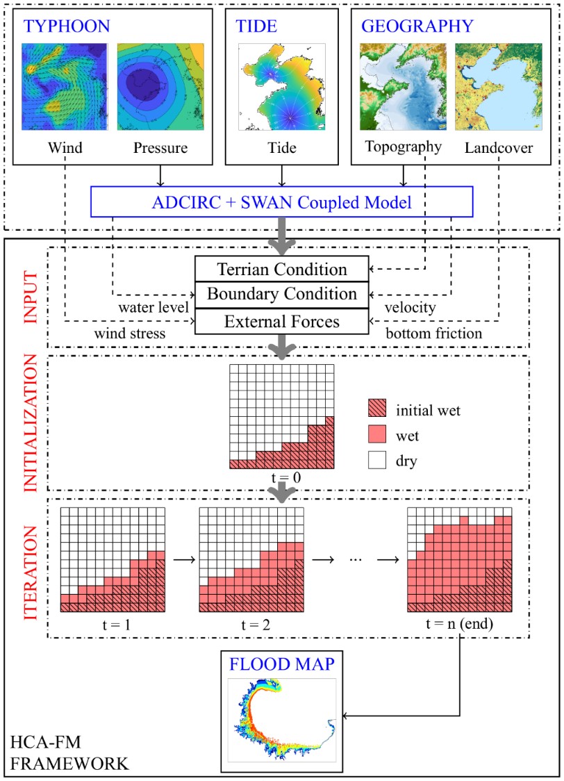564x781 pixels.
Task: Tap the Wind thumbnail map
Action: coord(65,86)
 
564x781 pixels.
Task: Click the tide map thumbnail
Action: coord(281,86)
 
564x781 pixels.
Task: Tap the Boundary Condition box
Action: coord(281,294)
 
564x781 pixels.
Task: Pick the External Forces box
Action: coord(281,321)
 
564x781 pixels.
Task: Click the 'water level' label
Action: coord(156,306)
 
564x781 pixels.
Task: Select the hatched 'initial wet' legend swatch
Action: coord(378,411)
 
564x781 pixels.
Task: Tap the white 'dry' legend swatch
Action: coord(378,459)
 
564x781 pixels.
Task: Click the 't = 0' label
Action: coord(281,479)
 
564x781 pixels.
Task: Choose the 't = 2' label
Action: coord(251,623)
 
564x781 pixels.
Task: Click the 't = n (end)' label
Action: coord(460,623)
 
